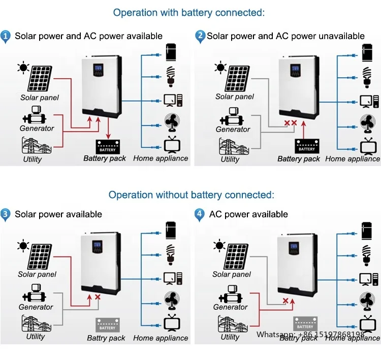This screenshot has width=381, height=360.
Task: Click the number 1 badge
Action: tap(6, 36)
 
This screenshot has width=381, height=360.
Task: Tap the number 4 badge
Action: tap(200, 214)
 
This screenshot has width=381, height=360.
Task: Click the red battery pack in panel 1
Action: tap(107, 146)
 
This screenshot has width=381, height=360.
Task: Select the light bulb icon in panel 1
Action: tap(171, 76)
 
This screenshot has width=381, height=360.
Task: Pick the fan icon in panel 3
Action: tap(170, 300)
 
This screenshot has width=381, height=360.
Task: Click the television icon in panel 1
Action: tap(170, 145)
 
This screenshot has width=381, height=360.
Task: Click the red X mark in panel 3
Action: tap(98, 298)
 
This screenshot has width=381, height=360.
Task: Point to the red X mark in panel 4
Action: tap(285, 301)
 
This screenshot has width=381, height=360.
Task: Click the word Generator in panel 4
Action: tap(230, 307)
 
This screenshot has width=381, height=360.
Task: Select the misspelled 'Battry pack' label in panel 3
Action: tap(106, 338)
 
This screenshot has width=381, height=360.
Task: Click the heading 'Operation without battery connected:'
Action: tap(191, 195)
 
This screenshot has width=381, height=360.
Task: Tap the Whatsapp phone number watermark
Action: tap(310, 335)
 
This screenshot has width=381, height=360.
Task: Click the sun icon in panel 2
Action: tap(220, 67)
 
